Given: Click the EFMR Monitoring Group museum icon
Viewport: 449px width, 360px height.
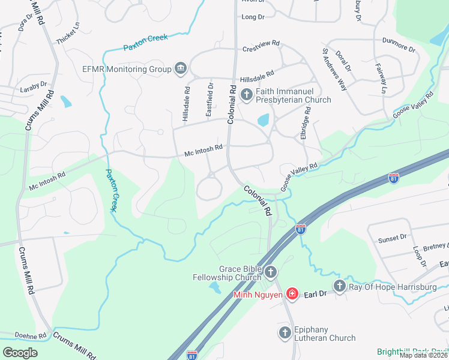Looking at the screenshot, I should click(x=180, y=69).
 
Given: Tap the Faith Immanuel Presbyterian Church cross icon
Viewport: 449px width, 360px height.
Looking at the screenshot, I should click(x=246, y=95).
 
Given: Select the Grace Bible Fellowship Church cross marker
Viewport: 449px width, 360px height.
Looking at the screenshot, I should click(x=270, y=273).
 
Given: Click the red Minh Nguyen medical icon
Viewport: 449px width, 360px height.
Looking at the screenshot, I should click(x=292, y=293).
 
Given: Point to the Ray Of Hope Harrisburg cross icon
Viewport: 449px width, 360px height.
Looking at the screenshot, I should click(x=340, y=287).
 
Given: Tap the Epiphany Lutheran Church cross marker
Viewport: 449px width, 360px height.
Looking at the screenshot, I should click(x=285, y=332).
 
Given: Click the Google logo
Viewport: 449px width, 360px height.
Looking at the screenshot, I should click(x=20, y=353).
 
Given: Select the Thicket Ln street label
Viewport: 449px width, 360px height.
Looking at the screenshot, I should click(x=67, y=34).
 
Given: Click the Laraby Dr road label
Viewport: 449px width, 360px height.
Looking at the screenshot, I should click(x=34, y=85).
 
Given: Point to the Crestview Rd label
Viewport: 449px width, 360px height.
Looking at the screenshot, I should click(x=261, y=44).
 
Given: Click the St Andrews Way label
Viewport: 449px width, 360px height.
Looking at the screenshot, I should click(x=335, y=70).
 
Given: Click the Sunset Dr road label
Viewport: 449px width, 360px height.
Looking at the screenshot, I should click(x=392, y=238).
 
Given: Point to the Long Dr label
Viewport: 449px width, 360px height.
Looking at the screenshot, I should click(x=253, y=17).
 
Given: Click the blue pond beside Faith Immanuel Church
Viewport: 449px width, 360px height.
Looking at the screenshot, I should click(x=263, y=120).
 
